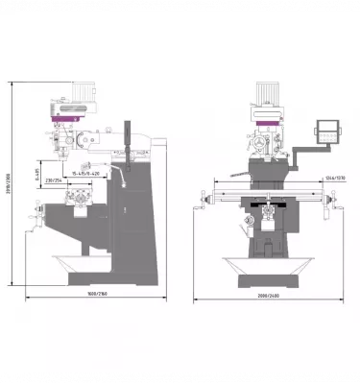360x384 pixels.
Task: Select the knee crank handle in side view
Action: point(35,232)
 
